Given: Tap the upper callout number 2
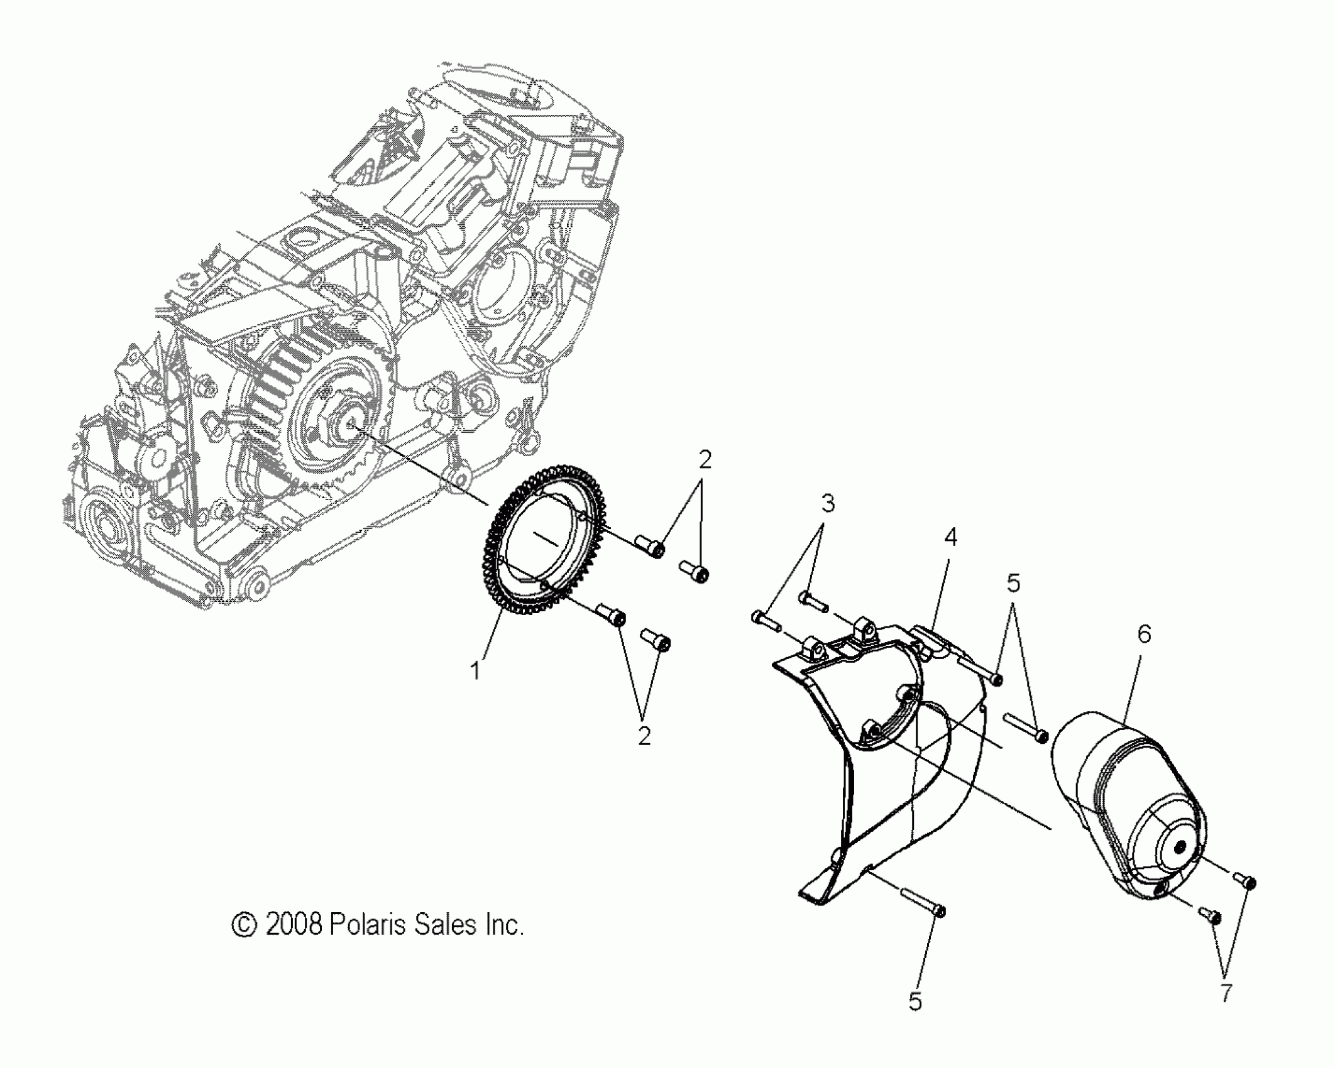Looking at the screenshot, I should pos(705,460).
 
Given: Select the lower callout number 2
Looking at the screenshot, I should pos(644,736).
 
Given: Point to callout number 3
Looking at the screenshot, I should pos(828,503).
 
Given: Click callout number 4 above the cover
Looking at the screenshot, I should pos(950,537).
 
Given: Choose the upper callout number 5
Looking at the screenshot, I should pos(1013,584).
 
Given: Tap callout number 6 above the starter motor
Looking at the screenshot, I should pos(1144,635).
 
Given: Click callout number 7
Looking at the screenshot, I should pos(1226,993).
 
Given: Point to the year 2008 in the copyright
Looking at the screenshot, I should pos(294,925).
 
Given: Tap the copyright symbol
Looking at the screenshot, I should pos(243,925).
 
